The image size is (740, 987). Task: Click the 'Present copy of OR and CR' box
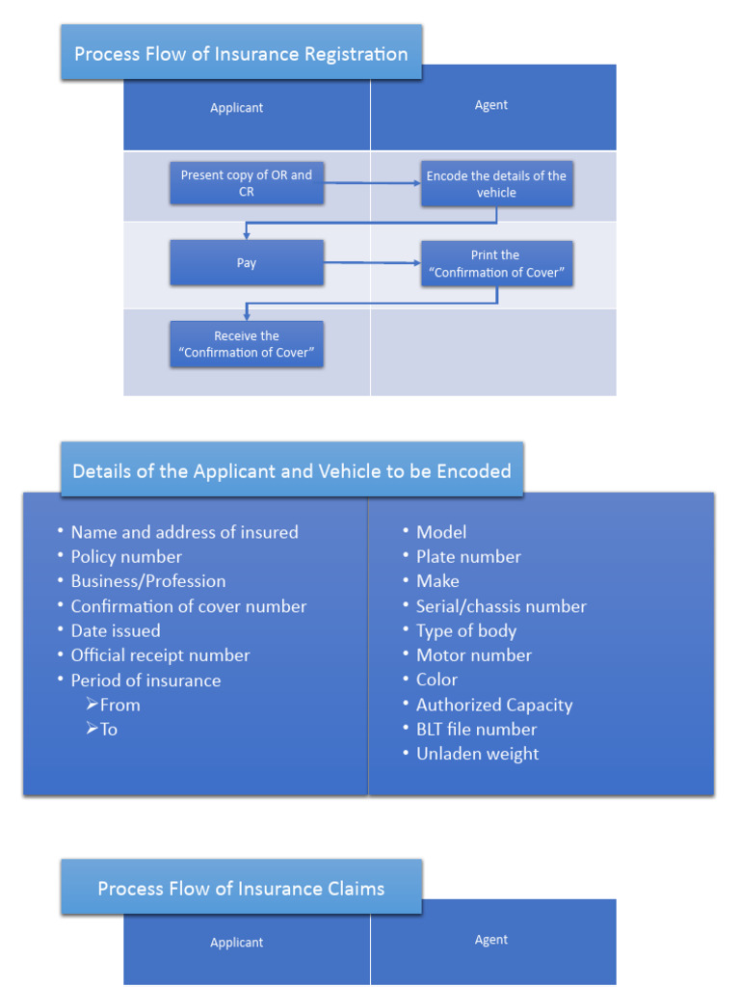[x=247, y=183]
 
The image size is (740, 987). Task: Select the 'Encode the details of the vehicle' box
[x=496, y=184]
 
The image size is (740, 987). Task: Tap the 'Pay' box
[x=247, y=263]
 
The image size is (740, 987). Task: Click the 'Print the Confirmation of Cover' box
[x=496, y=263]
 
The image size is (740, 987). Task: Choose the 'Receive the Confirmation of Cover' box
[x=247, y=344]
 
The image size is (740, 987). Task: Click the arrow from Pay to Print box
[x=372, y=262]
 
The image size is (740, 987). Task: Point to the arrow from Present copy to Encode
[x=372, y=181]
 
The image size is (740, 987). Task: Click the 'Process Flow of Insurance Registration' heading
[x=241, y=54]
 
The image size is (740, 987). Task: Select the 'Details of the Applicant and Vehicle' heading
[x=292, y=471]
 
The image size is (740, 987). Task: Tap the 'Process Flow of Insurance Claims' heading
[x=241, y=888]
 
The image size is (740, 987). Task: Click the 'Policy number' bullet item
[x=126, y=556]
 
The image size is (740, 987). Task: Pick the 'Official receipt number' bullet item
[x=160, y=655]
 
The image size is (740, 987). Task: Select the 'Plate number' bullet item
[x=468, y=556]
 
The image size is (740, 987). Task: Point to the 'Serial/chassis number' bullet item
[x=501, y=606]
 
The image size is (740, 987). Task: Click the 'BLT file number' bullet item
[x=476, y=730]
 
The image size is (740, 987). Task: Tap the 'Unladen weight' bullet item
[x=477, y=754]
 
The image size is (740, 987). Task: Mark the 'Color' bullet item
[x=436, y=680]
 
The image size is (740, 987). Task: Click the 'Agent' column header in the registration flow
[x=491, y=105]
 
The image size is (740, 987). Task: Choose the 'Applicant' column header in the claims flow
[x=237, y=943]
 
